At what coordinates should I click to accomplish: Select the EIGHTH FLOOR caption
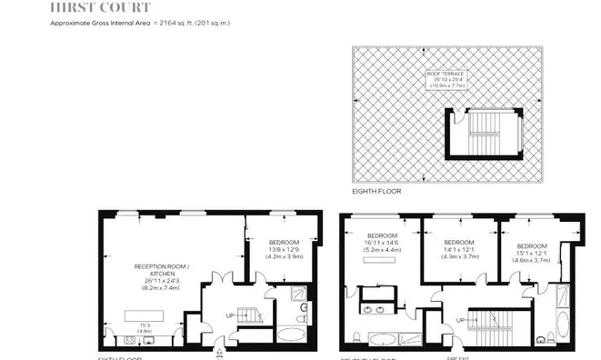[x=376, y=192]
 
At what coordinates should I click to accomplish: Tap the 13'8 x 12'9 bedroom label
[x=284, y=249]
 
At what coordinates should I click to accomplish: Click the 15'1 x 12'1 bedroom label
[x=532, y=252]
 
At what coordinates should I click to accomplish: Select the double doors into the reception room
[x=220, y=278]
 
